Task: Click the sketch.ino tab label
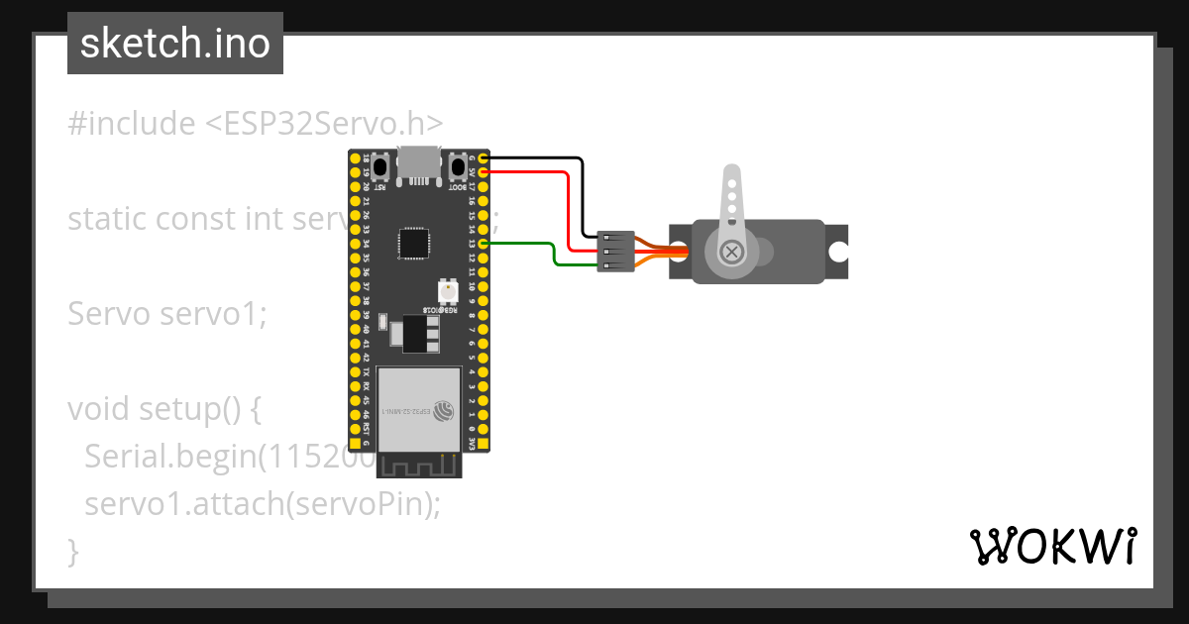click(174, 44)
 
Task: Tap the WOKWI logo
click(1051, 546)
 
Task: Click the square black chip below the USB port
click(414, 243)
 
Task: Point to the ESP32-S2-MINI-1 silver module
click(420, 407)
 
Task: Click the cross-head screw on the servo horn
click(732, 252)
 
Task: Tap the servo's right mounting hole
click(838, 252)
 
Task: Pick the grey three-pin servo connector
click(615, 252)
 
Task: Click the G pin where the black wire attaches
click(484, 158)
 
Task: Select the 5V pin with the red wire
click(484, 172)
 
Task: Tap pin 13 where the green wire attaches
click(484, 244)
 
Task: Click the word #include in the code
click(132, 124)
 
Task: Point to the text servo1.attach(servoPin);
click(262, 503)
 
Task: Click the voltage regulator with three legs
click(418, 333)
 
